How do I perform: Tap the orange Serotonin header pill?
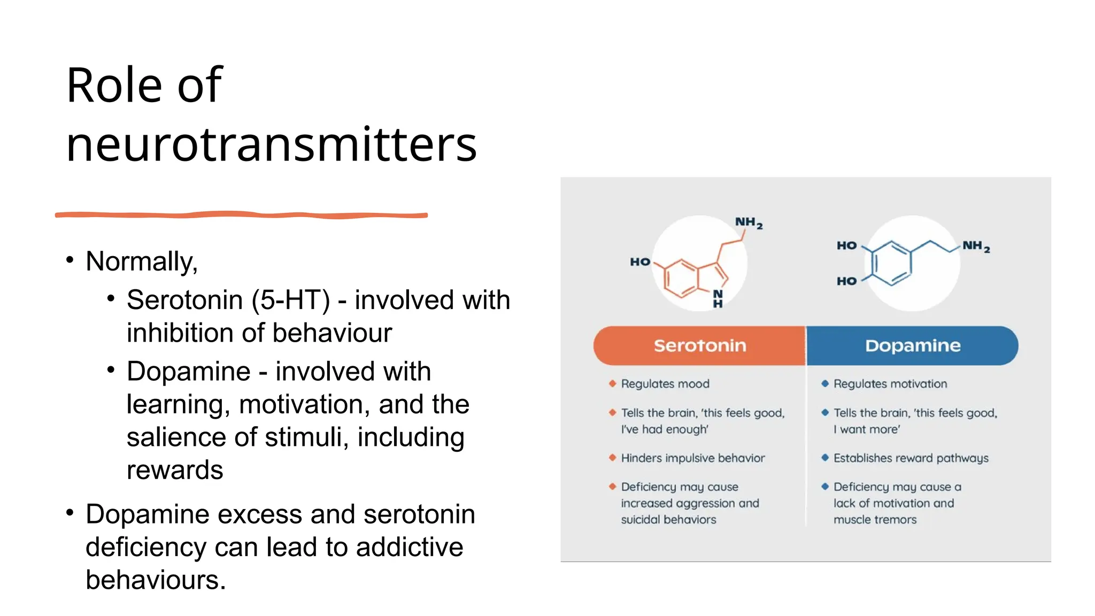699,345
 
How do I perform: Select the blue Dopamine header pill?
912,345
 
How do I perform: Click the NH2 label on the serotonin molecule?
748,222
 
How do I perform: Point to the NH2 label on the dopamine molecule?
976,246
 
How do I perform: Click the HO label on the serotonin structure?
639,262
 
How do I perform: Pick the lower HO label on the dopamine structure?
846,281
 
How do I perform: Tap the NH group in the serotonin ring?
718,298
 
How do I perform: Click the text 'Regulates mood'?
665,384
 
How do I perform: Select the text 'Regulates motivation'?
890,384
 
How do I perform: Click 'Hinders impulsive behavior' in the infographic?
693,458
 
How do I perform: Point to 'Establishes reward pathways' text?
911,458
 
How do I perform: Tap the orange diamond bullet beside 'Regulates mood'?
612,383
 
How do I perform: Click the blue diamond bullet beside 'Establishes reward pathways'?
825,458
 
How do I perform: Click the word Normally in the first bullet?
141,262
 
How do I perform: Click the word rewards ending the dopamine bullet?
175,471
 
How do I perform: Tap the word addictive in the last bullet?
410,548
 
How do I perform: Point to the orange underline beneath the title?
241,215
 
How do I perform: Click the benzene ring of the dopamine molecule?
891,263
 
